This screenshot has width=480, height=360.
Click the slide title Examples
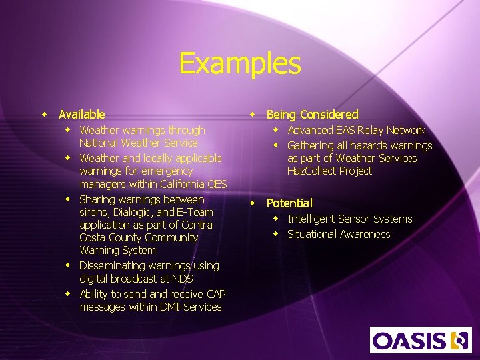tap(240, 64)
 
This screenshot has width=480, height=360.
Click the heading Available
tap(81, 115)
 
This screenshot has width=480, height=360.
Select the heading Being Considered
tap(312, 115)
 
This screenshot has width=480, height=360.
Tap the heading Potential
tap(289, 203)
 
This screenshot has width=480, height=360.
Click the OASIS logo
tap(421, 340)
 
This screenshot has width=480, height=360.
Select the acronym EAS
tap(345, 131)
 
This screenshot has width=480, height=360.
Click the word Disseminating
tap(112, 266)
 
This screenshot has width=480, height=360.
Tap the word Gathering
tap(310, 146)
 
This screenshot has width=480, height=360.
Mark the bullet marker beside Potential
tap(253, 203)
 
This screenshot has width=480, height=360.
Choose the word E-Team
tap(195, 212)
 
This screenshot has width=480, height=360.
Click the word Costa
tap(93, 238)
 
